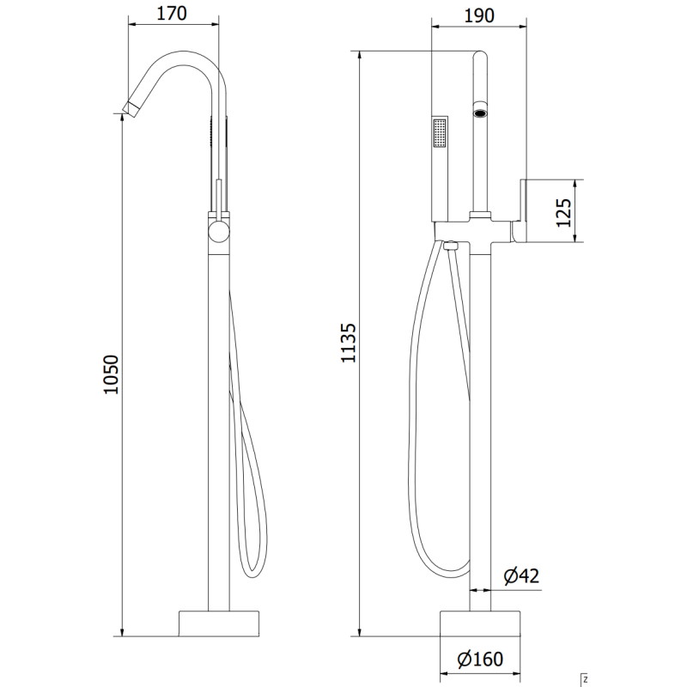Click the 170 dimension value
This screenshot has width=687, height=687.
click(x=172, y=14)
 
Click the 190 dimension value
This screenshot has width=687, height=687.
click(x=479, y=15)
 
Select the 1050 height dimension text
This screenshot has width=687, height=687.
click(x=112, y=374)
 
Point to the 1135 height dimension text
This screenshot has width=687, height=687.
click(x=349, y=343)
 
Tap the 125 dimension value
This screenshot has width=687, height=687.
click(x=564, y=212)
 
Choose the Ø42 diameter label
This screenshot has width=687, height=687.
click(x=521, y=575)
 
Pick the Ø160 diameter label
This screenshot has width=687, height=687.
click(x=480, y=659)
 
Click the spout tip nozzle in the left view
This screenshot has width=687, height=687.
click(x=131, y=109)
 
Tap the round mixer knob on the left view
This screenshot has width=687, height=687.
click(x=219, y=232)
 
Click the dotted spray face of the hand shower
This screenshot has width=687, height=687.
click(x=440, y=133)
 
